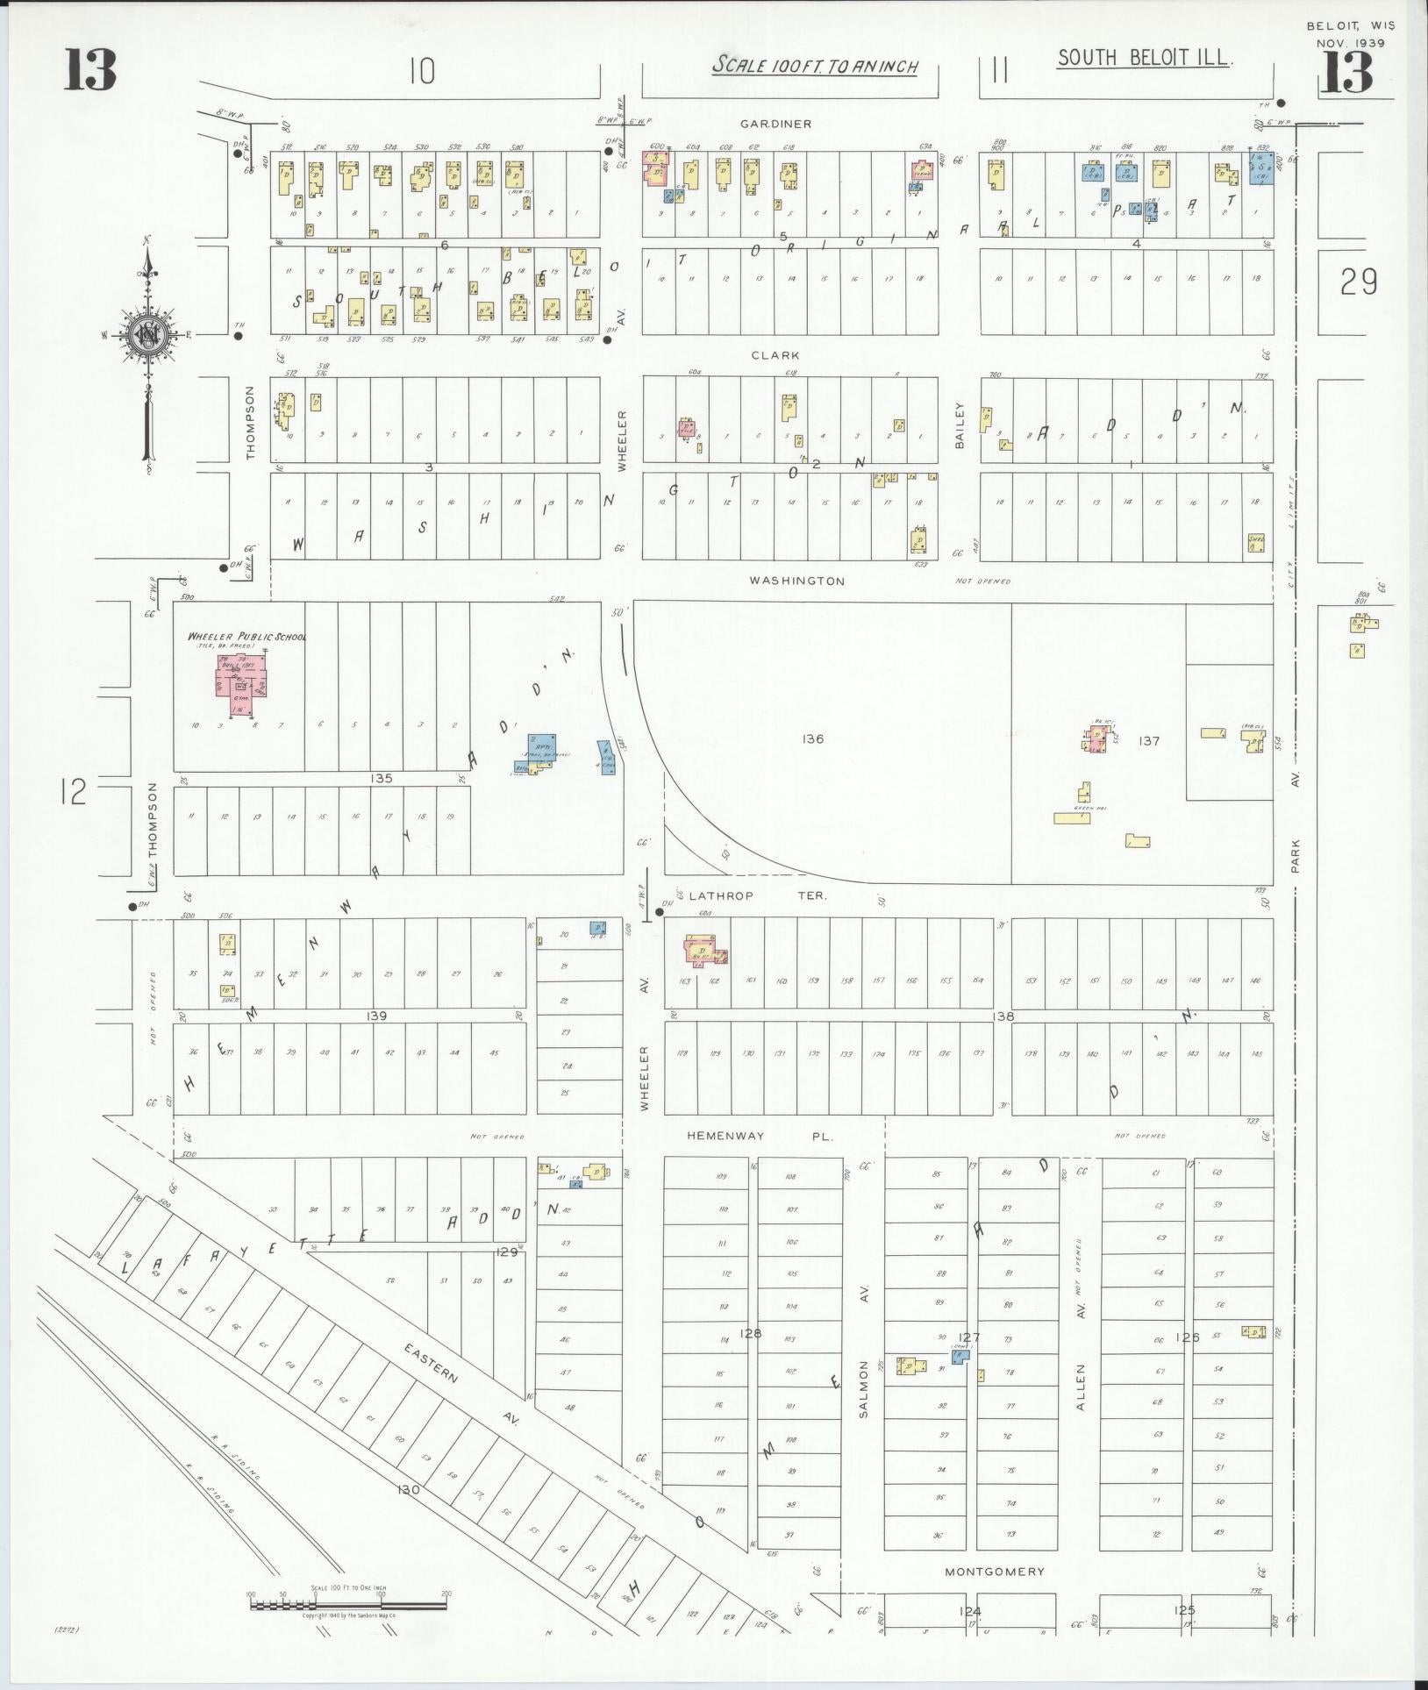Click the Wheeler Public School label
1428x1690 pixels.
pos(246,637)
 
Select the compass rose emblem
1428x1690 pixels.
pos(147,336)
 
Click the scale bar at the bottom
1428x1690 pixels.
pos(349,1606)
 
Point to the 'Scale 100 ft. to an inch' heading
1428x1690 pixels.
pos(815,66)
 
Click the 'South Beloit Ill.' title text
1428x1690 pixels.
pos(1146,59)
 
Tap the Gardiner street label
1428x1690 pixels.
pos(775,125)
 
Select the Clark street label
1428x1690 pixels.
pos(775,356)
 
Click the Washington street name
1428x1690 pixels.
pos(797,581)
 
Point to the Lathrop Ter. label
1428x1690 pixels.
pos(758,896)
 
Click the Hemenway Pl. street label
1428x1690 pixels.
pos(759,1136)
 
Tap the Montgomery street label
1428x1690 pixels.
pos(994,1572)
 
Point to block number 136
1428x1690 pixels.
pos(812,739)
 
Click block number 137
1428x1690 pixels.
pos(1148,741)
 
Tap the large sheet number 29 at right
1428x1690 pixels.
pos(1358,282)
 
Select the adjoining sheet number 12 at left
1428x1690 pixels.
pos(75,793)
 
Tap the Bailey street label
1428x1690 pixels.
pos(960,426)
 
